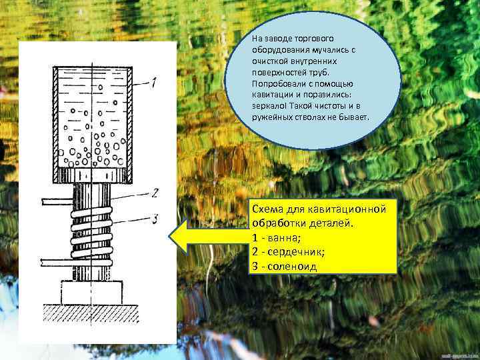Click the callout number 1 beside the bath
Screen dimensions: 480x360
tap(154, 83)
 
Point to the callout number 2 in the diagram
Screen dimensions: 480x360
tap(155, 193)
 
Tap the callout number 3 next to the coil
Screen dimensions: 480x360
tap(155, 219)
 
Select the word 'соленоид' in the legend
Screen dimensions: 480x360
tap(292, 266)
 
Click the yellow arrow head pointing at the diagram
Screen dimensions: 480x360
tap(179, 237)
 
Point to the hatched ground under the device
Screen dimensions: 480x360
tap(91, 314)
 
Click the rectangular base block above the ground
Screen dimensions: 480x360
tap(91, 293)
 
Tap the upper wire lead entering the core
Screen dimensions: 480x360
tap(57, 201)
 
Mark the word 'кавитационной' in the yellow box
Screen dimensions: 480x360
tap(347, 209)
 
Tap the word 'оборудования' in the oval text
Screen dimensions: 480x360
tap(281, 50)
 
